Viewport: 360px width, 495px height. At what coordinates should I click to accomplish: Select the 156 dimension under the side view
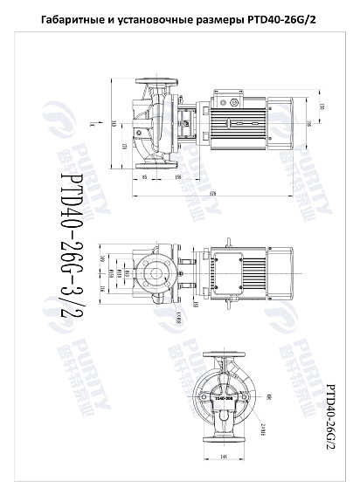[177, 177]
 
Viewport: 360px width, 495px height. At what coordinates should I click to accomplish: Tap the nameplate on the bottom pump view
[224, 397]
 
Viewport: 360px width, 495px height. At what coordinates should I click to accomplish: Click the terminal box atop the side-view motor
[237, 102]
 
